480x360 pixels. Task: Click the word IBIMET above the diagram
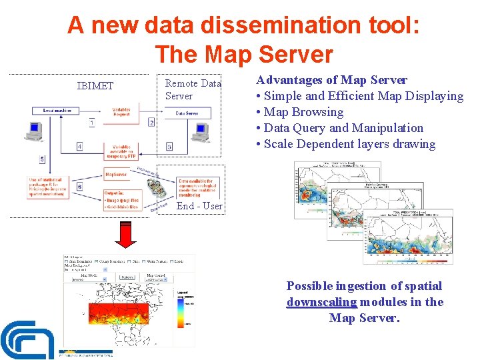pos(95,86)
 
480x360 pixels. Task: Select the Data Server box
pos(187,114)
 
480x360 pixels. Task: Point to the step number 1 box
pos(91,123)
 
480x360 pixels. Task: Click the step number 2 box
pos(151,123)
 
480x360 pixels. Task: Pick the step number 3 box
pos(169,146)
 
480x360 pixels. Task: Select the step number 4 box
pos(79,146)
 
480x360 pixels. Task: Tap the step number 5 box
pos(43,159)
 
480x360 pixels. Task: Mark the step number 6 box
pos(79,187)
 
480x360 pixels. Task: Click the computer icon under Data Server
pos(199,132)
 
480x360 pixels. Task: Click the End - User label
pos(199,206)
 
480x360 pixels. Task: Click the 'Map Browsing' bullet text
pos(303,112)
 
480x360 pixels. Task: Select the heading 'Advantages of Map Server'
pos(331,80)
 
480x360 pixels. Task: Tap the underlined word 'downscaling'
pos(321,302)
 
